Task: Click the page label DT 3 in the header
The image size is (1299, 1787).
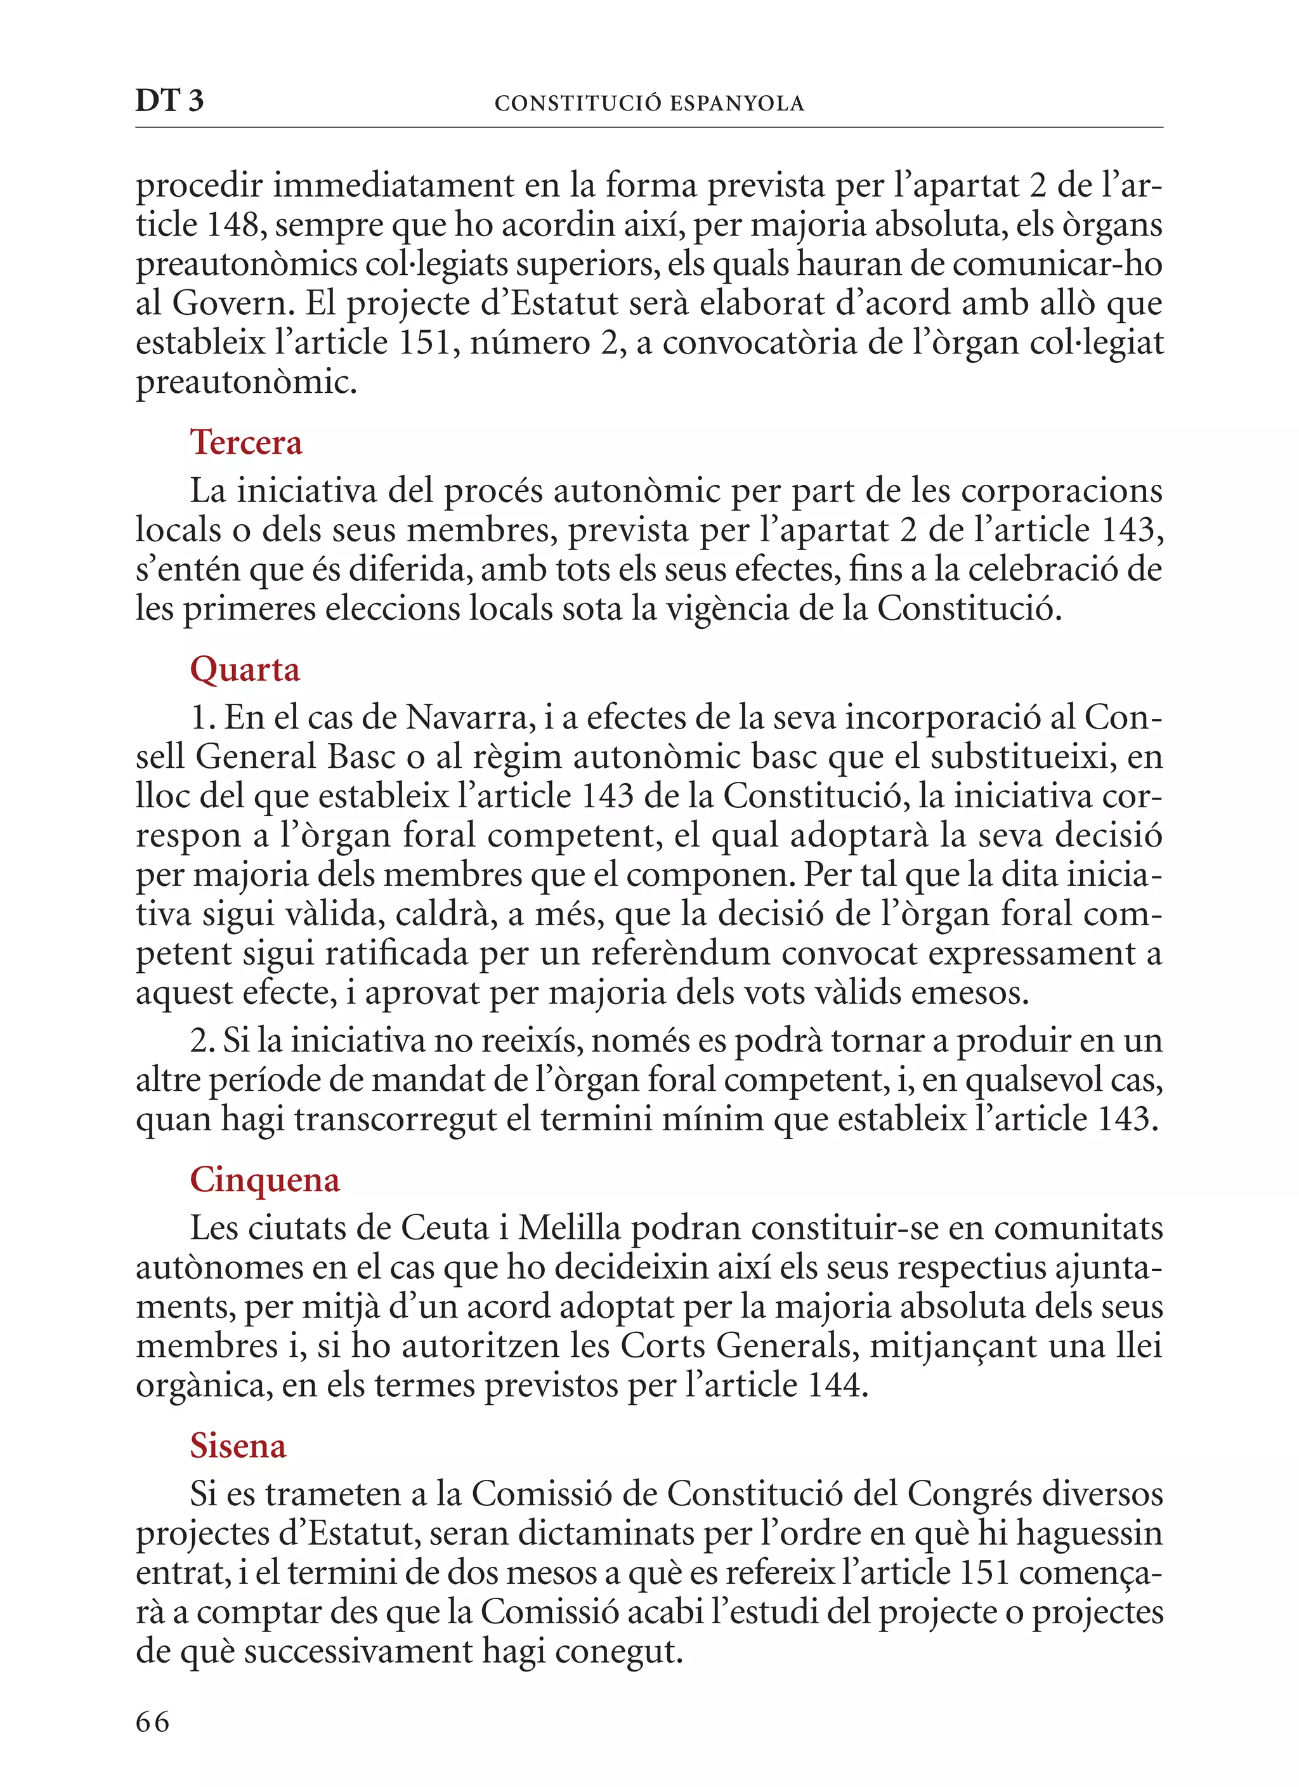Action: coord(169,101)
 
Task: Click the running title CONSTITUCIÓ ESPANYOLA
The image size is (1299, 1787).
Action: coord(649,103)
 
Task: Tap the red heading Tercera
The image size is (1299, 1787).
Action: coord(245,443)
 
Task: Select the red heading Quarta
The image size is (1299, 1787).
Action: coord(245,669)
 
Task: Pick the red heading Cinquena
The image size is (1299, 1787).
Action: coord(264,1180)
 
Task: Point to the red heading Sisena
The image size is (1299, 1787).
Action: coord(238,1446)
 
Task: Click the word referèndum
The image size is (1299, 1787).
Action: coord(680,953)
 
